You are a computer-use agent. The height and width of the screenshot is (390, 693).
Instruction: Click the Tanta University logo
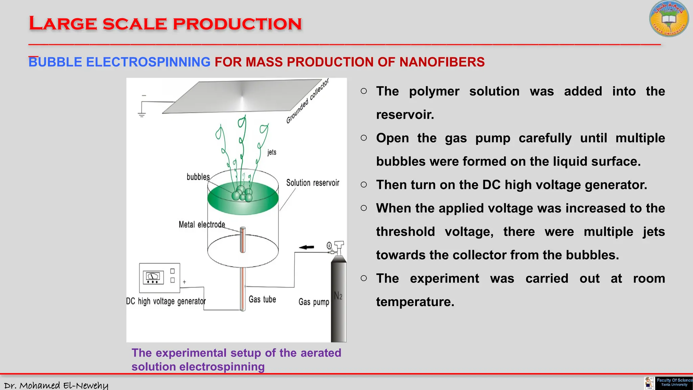(x=669, y=19)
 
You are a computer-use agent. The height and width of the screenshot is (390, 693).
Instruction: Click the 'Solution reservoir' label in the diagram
(x=312, y=183)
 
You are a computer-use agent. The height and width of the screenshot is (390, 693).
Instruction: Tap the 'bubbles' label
(x=198, y=177)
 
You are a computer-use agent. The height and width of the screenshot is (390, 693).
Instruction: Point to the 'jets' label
(x=272, y=152)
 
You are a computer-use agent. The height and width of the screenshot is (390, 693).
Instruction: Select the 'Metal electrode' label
(x=202, y=224)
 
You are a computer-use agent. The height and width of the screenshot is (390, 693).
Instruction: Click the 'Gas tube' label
(x=262, y=299)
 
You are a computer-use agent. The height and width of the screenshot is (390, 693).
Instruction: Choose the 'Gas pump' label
(x=314, y=302)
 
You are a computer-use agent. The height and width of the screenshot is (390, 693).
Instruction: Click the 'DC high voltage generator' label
(x=166, y=301)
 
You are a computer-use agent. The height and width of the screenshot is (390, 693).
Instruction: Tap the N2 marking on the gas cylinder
(x=338, y=296)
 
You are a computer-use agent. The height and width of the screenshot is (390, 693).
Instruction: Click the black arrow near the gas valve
(x=307, y=247)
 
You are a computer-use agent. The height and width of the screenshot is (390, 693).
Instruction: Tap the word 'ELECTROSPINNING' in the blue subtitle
(x=148, y=62)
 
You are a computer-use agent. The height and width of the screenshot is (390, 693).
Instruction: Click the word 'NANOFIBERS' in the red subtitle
(x=442, y=62)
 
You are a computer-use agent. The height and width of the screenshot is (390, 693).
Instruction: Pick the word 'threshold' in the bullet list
(x=405, y=232)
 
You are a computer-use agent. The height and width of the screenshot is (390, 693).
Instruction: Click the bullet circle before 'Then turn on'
(x=364, y=185)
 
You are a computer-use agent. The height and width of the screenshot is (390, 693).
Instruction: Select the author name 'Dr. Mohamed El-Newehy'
(x=56, y=385)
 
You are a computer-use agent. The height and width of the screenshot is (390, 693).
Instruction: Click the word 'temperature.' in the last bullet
(x=415, y=302)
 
